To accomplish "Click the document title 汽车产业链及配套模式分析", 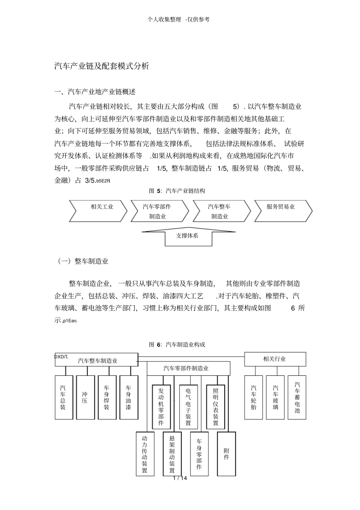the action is click(x=102, y=66).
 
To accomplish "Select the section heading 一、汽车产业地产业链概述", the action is click(x=95, y=92).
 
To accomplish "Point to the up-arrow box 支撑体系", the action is click(x=187, y=235).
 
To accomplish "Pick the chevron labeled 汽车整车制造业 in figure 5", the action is click(x=220, y=211).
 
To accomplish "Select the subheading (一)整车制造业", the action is click(x=82, y=261).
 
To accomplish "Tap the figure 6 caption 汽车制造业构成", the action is click(x=177, y=344).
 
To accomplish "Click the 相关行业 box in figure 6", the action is click(x=275, y=359).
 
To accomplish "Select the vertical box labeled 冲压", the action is click(x=85, y=397).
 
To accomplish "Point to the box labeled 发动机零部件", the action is click(x=161, y=407).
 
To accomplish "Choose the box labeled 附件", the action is click(x=226, y=454).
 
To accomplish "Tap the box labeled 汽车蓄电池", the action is click(x=297, y=397).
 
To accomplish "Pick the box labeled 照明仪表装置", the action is click(x=215, y=407).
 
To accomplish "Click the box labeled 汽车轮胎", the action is click(x=254, y=397).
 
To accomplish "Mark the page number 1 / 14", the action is click(x=180, y=478).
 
